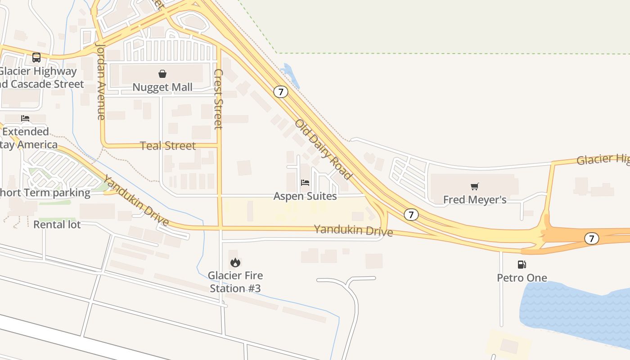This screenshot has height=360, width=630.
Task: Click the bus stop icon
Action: point(36,58)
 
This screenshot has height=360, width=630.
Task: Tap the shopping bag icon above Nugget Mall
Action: point(162,74)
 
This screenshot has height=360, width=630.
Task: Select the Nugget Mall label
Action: point(162,87)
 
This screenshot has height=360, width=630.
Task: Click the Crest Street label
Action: point(218,99)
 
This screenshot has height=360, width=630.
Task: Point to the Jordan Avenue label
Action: point(101,81)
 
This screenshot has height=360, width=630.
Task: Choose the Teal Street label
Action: point(168,146)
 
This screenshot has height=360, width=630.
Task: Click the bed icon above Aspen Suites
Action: point(305,183)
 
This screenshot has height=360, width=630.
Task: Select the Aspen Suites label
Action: point(305,196)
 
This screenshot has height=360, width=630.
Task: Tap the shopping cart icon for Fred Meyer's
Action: point(475,186)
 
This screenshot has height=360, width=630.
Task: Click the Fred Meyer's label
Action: point(475,199)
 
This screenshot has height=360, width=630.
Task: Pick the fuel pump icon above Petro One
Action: point(522,265)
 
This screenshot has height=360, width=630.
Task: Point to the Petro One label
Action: point(522,278)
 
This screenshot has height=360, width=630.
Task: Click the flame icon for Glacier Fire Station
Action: point(235,262)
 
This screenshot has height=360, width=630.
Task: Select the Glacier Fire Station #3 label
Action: point(235,282)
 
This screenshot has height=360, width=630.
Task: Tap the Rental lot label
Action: point(57,224)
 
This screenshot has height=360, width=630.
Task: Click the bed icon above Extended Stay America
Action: point(25,118)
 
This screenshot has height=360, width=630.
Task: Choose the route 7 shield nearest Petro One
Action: point(592,238)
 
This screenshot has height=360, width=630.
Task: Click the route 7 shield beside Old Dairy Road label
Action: point(281,92)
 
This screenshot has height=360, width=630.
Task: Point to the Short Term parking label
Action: point(45,193)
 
